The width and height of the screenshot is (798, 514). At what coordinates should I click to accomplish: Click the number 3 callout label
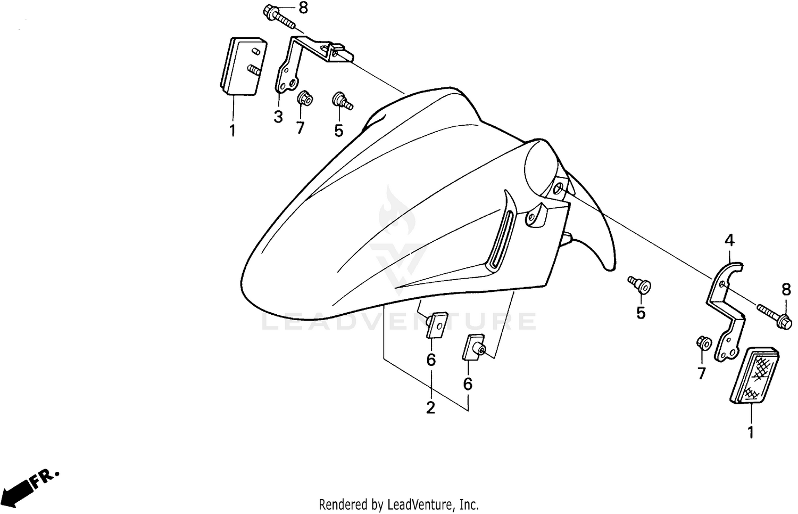coord(278,117)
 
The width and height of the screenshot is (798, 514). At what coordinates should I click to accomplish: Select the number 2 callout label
coord(430,408)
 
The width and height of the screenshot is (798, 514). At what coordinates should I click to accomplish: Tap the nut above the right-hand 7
coord(701,343)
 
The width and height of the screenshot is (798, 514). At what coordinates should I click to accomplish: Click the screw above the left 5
coord(341,101)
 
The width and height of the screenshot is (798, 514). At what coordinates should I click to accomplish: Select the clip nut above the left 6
coord(435,324)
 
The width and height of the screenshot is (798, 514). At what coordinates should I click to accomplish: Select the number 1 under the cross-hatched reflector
coord(750,433)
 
